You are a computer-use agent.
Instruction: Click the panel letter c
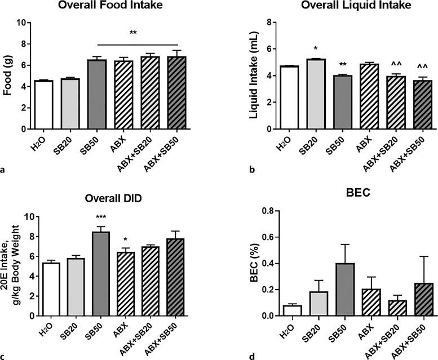coord(5,355)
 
